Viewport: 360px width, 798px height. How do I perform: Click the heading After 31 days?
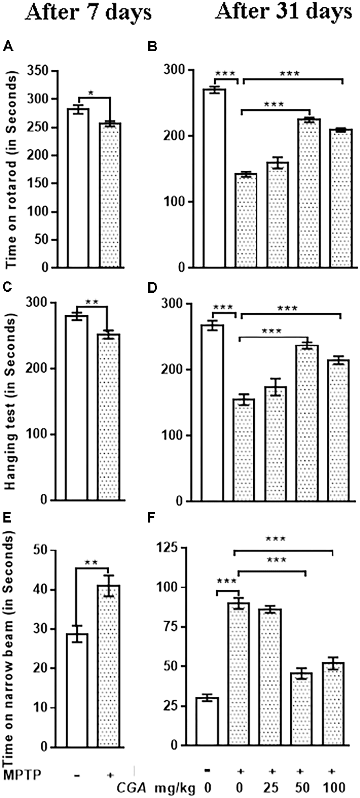point(283,12)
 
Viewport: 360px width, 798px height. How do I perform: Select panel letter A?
point(7,47)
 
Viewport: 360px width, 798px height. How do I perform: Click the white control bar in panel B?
point(214,178)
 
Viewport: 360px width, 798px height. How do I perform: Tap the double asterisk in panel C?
point(92,302)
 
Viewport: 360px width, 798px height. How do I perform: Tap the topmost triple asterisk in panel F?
point(276,539)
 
